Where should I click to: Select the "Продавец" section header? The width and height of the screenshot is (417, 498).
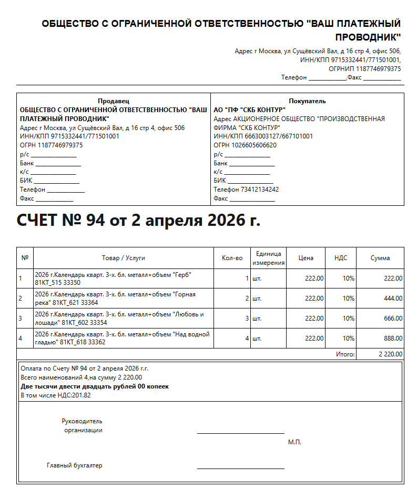point(114,101)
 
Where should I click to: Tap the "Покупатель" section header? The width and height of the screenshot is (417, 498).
point(307,101)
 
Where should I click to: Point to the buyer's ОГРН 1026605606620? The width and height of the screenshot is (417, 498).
point(245,145)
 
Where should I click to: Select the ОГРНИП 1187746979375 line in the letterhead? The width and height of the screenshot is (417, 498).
point(364,68)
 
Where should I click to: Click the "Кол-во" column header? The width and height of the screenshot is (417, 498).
point(232,258)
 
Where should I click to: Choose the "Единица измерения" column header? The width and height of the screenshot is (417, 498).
point(268,258)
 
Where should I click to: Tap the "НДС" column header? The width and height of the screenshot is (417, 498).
point(341,258)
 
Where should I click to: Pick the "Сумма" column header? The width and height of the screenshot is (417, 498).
point(380,258)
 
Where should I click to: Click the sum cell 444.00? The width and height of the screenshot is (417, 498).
point(393,298)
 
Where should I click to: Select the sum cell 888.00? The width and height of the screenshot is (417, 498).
point(393,338)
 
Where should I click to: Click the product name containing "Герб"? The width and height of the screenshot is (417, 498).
point(113,278)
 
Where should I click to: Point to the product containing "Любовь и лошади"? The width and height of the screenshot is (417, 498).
point(118,318)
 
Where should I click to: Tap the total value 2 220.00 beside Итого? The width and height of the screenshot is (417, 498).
point(390,354)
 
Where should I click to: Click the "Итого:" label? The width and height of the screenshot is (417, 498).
point(345,354)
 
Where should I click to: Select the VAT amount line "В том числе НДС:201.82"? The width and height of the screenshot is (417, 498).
point(56,395)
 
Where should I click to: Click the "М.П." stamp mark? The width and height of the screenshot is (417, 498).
point(294,442)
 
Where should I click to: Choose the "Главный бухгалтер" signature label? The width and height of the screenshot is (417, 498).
point(74,465)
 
